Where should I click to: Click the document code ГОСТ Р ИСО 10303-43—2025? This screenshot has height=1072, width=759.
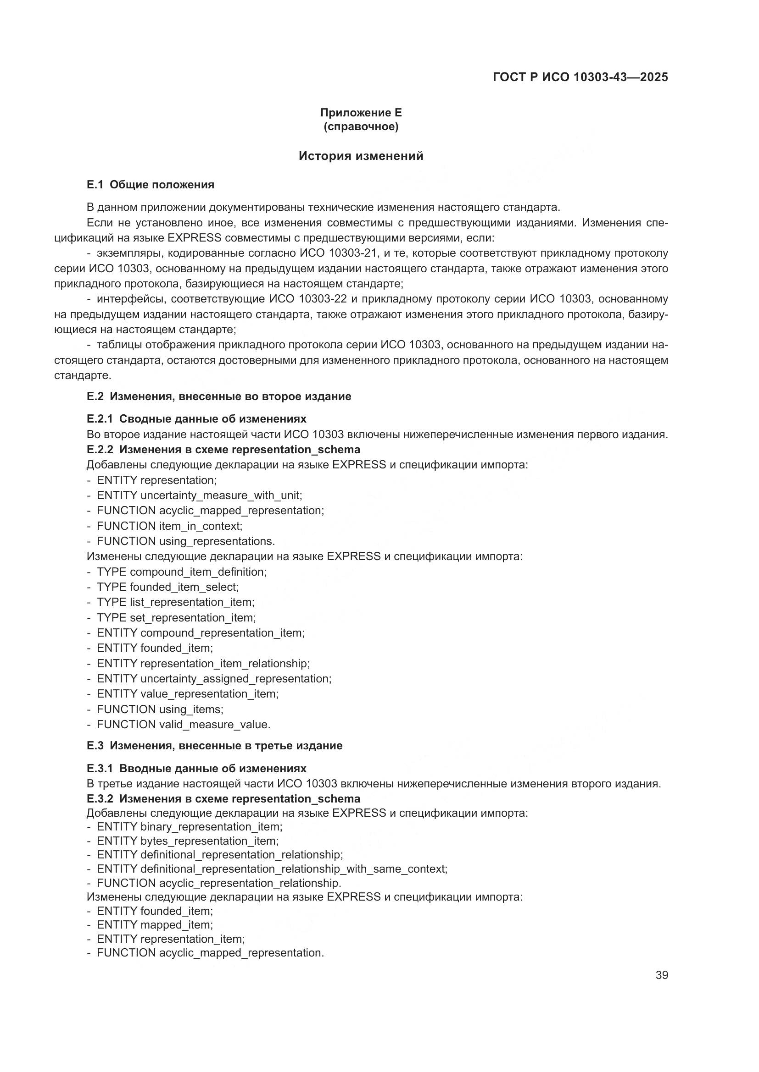click(580, 77)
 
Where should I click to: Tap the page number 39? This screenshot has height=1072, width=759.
click(661, 975)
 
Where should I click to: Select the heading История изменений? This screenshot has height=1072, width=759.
click(361, 156)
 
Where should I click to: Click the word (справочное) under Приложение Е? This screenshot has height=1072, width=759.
click(361, 126)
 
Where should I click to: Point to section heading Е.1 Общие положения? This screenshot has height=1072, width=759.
click(151, 185)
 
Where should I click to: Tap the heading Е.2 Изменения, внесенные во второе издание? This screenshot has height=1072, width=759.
click(219, 396)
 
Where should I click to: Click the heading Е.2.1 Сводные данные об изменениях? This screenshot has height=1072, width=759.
click(196, 418)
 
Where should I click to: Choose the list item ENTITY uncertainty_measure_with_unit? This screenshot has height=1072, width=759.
click(199, 495)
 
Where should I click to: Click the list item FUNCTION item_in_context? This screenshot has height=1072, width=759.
click(169, 526)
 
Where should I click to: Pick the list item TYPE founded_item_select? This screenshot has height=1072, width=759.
click(167, 587)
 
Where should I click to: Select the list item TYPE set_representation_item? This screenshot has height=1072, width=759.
click(176, 618)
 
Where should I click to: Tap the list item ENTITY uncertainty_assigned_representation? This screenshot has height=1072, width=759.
click(213, 678)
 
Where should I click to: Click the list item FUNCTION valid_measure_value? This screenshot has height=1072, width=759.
click(183, 725)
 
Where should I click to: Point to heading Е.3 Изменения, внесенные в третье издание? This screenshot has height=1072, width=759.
click(214, 746)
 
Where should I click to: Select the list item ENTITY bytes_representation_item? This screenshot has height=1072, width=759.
click(187, 841)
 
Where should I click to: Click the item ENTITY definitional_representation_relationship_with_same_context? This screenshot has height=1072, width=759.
click(272, 869)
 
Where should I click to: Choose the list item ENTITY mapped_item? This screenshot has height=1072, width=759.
click(155, 924)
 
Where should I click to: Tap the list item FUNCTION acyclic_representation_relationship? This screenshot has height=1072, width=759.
click(219, 883)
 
